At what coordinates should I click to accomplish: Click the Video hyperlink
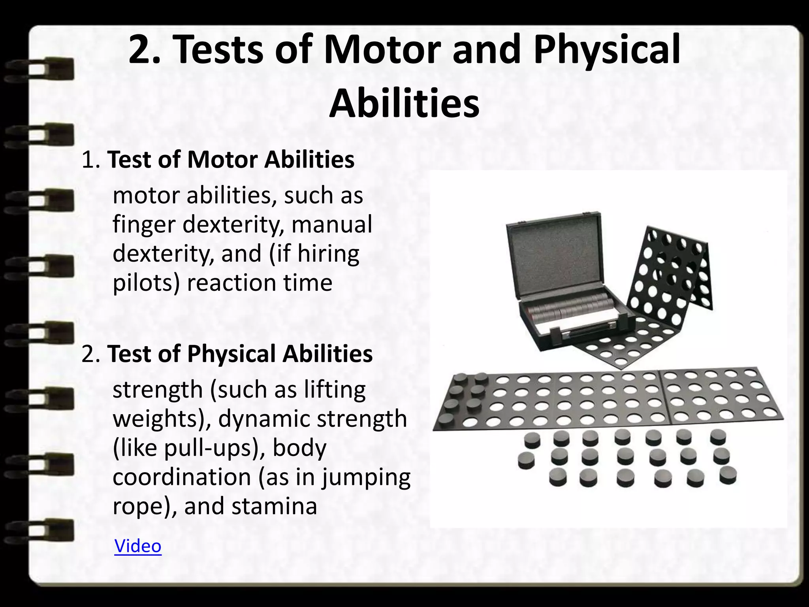(138, 546)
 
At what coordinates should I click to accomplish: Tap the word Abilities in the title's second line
(404, 104)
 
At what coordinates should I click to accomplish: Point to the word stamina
(274, 506)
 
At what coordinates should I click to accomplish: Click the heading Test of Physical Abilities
(240, 353)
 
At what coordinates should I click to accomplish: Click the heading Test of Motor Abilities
(231, 160)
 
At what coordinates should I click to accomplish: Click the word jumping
(366, 477)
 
